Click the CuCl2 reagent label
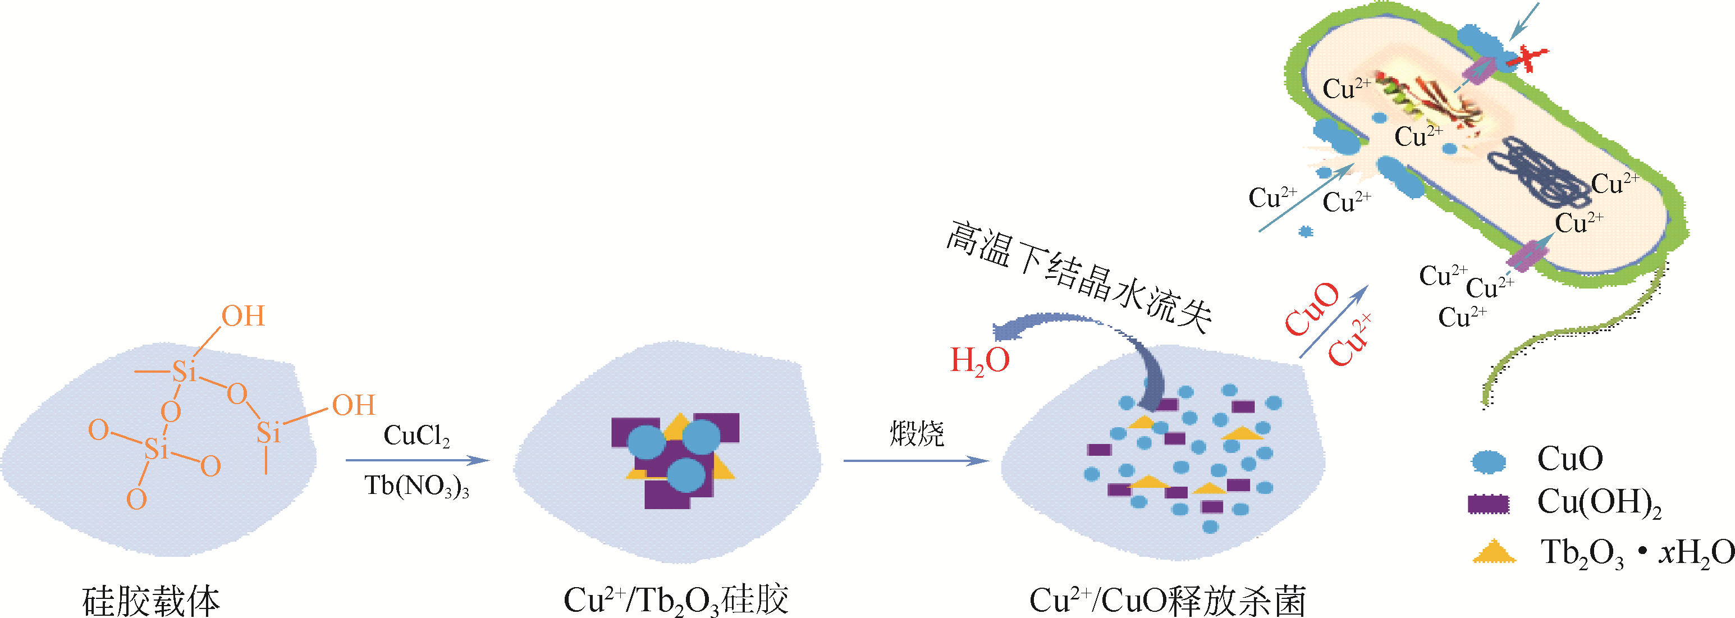416,436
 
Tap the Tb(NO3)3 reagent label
417,486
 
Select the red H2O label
979,361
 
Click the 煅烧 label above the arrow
917,433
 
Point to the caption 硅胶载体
151,601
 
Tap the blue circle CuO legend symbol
1489,461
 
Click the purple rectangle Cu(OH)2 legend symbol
1489,503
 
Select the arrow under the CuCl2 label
417,460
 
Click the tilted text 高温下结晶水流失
1078,276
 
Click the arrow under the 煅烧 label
916,460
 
